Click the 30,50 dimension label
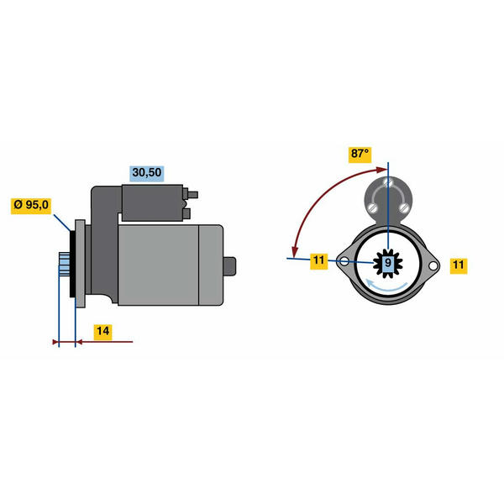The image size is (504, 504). tap(147, 172)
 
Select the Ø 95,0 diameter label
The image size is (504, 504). tap(31, 205)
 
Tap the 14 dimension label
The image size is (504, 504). tap(102, 331)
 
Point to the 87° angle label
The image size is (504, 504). tap(360, 154)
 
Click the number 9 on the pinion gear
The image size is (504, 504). tap(388, 263)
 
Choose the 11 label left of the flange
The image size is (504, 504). tap(319, 260)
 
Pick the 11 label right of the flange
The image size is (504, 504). tap(459, 265)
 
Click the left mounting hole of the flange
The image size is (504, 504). tap(344, 261)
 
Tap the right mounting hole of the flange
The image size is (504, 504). tap(433, 265)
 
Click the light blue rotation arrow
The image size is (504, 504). tap(387, 287)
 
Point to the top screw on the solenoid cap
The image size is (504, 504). tap(387, 183)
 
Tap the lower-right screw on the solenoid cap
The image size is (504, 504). tap(404, 208)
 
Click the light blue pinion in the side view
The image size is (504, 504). tap(64, 264)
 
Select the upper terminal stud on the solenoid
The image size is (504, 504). tap(192, 195)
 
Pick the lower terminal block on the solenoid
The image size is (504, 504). tap(186, 213)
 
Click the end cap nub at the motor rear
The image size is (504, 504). tap(229, 266)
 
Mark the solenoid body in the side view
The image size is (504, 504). tap(152, 202)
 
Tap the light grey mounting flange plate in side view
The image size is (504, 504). tap(80, 264)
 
